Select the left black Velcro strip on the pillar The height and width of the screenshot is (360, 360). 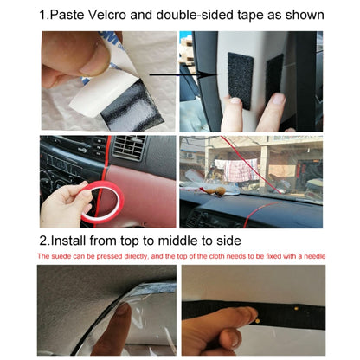click(x=240, y=80)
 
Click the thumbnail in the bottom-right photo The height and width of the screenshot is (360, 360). click(x=210, y=331)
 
